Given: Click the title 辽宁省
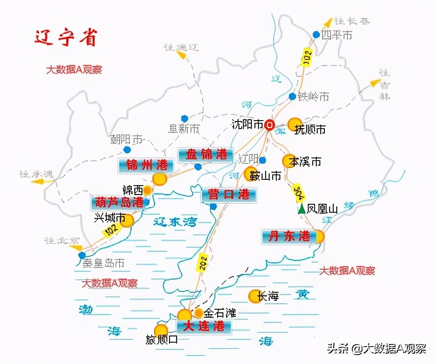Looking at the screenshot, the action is tap(66, 38).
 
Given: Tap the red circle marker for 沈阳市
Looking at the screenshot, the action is tap(269, 125).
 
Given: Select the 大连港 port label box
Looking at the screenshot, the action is tap(204, 327).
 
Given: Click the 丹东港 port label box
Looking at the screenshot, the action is tap(289, 236).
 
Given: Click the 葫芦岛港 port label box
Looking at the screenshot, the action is tap(118, 202).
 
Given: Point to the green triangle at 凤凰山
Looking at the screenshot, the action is tap(302, 209).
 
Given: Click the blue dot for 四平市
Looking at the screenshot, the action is tap(316, 34).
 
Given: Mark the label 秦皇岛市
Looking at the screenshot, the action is tap(104, 263).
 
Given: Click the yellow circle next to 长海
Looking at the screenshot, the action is tap(254, 296).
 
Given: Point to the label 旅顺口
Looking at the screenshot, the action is tap(162, 340).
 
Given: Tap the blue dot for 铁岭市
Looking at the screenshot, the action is tap(292, 97).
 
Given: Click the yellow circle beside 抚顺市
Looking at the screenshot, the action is tap(295, 125).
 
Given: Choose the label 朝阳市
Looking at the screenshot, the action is tap(126, 140).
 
